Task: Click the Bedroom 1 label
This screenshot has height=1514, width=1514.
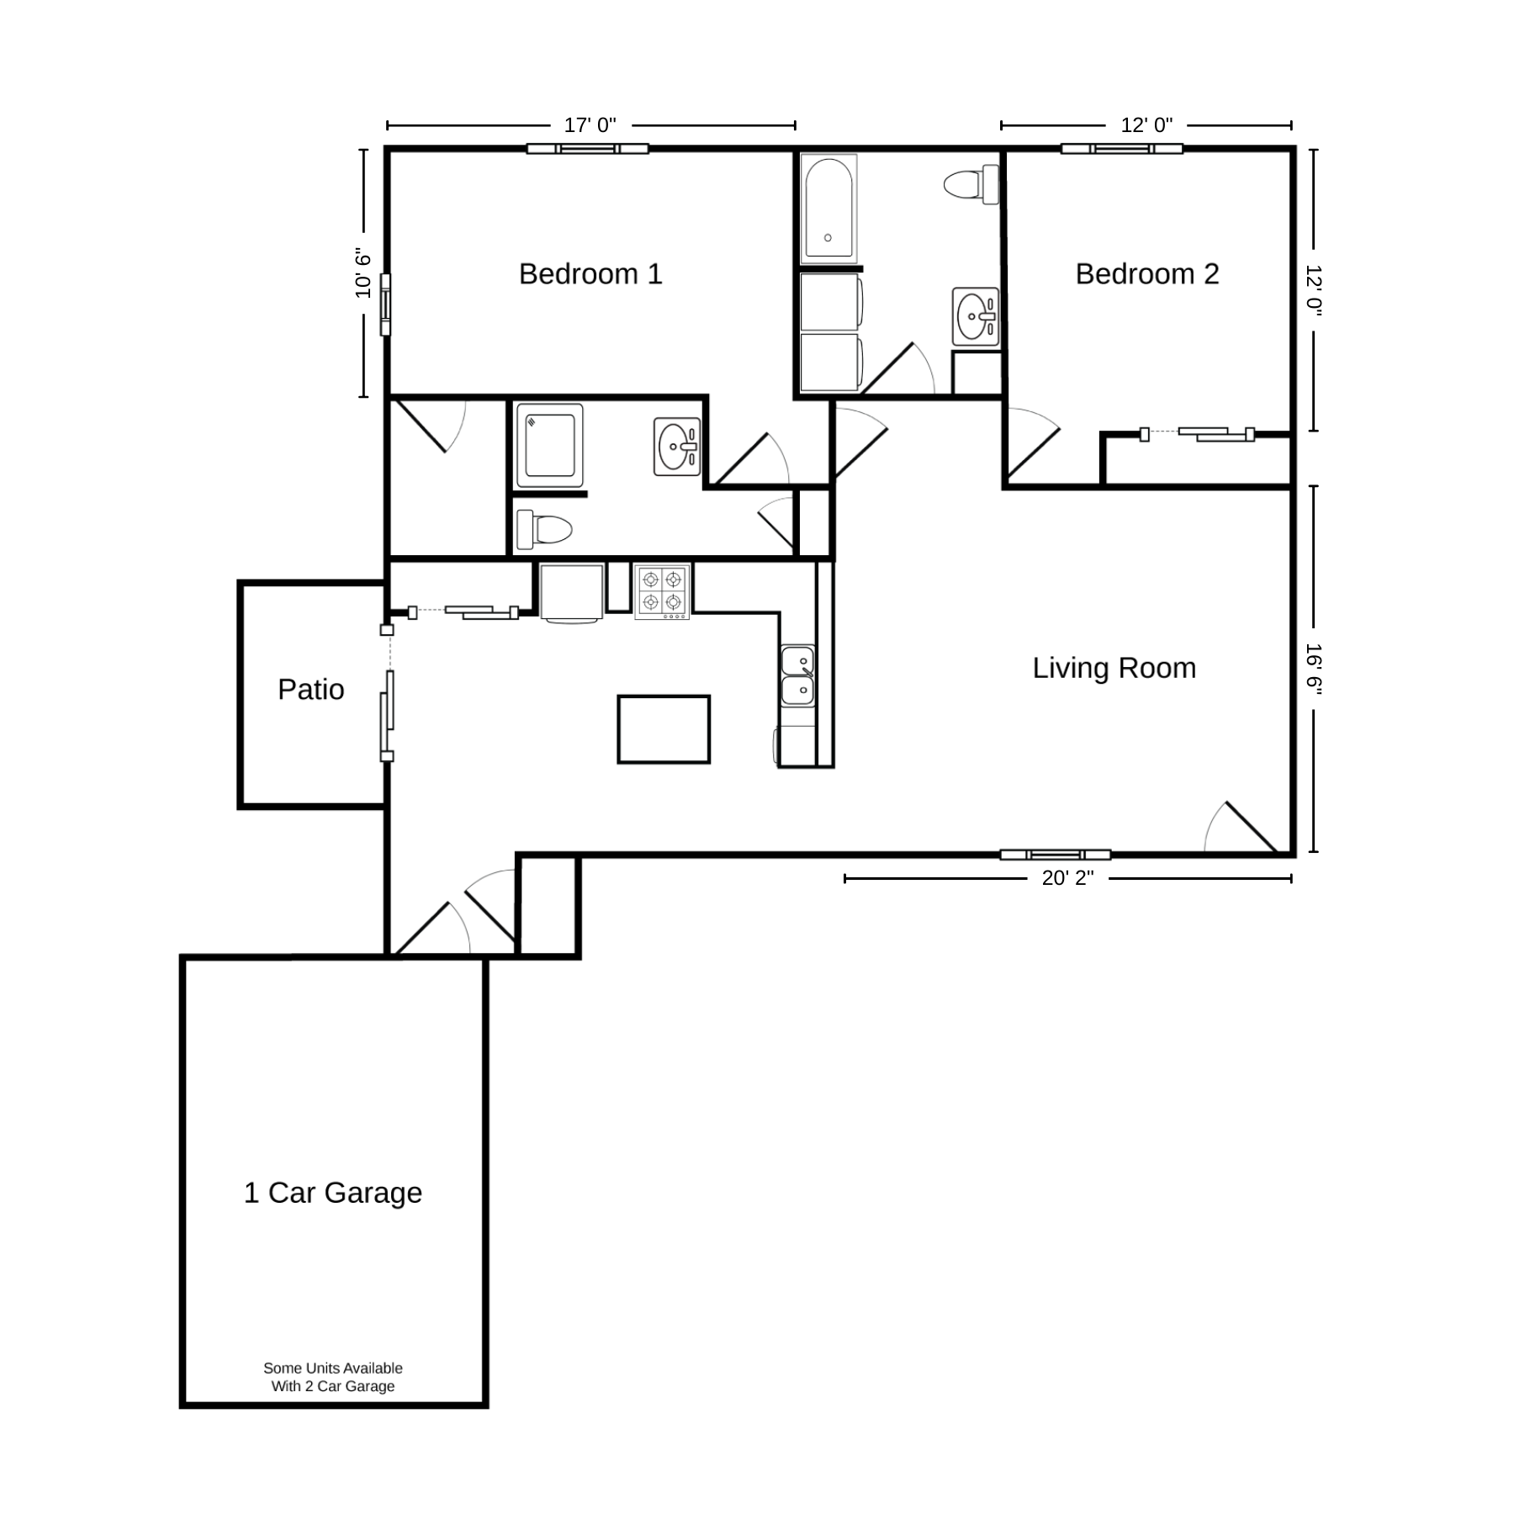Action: point(590,274)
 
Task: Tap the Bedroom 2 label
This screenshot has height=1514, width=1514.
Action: point(1147,274)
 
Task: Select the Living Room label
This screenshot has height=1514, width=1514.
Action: point(1114,668)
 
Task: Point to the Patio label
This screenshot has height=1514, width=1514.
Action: point(311,690)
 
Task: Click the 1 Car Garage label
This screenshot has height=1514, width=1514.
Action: point(333,1193)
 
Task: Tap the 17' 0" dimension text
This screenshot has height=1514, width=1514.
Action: point(590,125)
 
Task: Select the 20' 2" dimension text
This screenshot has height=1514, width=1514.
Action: point(1068,878)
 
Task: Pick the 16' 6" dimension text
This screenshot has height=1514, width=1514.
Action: point(1314,670)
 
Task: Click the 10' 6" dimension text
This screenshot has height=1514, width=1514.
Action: point(363,273)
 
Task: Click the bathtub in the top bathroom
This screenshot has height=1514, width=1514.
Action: point(829,208)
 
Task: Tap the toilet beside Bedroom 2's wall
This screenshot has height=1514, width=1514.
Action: point(971,184)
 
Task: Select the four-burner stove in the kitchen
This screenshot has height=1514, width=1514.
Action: point(662,592)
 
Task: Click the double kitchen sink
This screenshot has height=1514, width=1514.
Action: point(797,676)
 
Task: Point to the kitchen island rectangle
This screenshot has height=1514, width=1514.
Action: point(664,729)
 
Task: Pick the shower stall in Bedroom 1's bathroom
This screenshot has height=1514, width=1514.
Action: point(550,445)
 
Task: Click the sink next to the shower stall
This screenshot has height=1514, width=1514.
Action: point(677,447)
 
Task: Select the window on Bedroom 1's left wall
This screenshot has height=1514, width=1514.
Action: point(386,304)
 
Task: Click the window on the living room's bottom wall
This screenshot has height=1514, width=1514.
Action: point(1056,855)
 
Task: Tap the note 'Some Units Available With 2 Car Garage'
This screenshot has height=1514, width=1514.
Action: point(333,1377)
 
